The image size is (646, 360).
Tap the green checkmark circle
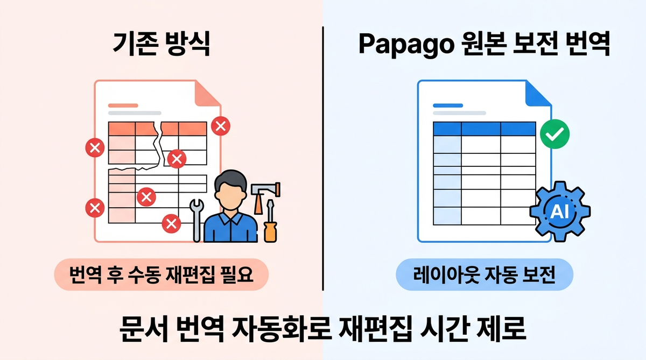click(554, 134)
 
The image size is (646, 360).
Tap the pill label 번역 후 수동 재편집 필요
click(161, 275)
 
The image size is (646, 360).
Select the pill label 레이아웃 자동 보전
click(484, 275)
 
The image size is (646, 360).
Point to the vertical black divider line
click(323, 161)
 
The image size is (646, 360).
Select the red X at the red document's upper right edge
click(220, 126)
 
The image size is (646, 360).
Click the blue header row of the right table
click(484, 129)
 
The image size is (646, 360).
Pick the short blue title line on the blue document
click(444, 105)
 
